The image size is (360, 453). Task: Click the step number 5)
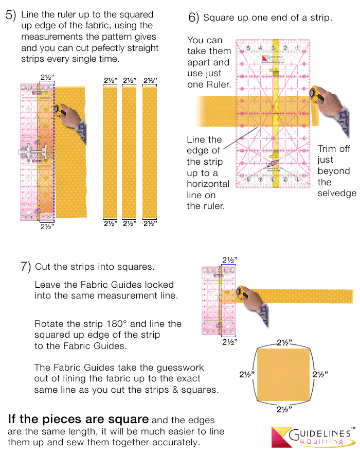[11, 15]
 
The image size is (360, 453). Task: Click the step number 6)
[193, 18]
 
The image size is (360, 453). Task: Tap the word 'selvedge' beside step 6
[337, 193]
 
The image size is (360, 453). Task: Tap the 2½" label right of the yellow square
[320, 374]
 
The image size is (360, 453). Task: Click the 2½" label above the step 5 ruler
[46, 78]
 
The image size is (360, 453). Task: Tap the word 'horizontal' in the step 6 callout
[208, 184]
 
